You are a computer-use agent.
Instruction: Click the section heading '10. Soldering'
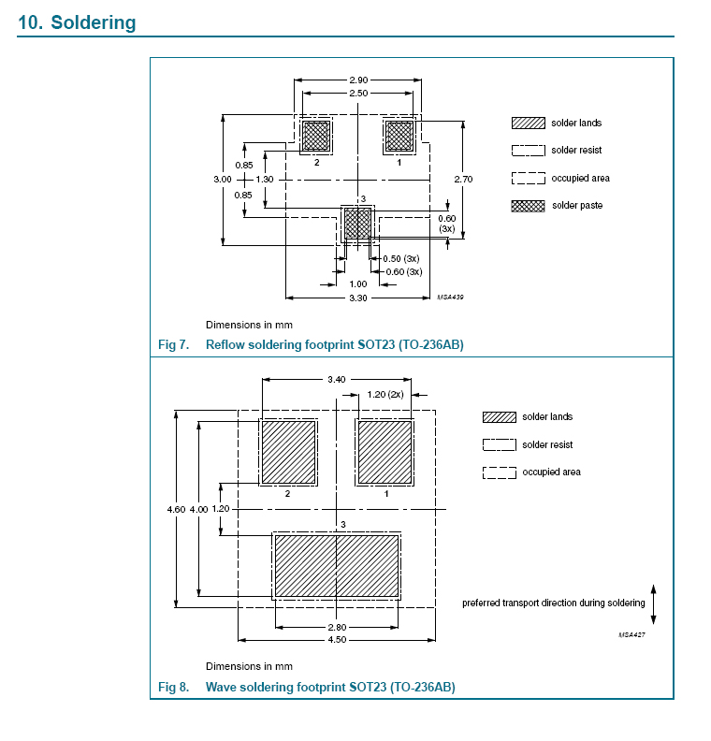[x=77, y=22]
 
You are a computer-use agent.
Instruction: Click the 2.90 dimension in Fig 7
[x=358, y=81]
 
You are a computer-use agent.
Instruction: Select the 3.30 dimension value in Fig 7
[x=358, y=298]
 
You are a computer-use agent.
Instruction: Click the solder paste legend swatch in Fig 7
[x=528, y=206]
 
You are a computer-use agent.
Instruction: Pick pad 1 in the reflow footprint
[x=400, y=136]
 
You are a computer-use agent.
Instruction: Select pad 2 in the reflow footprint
[x=316, y=136]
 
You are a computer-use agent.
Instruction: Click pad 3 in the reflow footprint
[x=357, y=224]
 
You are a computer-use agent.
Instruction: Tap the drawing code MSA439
[x=451, y=297]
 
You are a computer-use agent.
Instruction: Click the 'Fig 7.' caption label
[x=173, y=345]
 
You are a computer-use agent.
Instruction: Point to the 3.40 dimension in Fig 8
[x=337, y=380]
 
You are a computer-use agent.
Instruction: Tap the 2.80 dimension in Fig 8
[x=337, y=627]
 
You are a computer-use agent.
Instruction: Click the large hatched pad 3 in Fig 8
[x=337, y=566]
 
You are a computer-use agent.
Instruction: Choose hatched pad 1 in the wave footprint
[x=385, y=452]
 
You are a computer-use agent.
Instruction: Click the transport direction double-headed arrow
[x=653, y=603]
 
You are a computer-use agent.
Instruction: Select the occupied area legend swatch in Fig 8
[x=500, y=472]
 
